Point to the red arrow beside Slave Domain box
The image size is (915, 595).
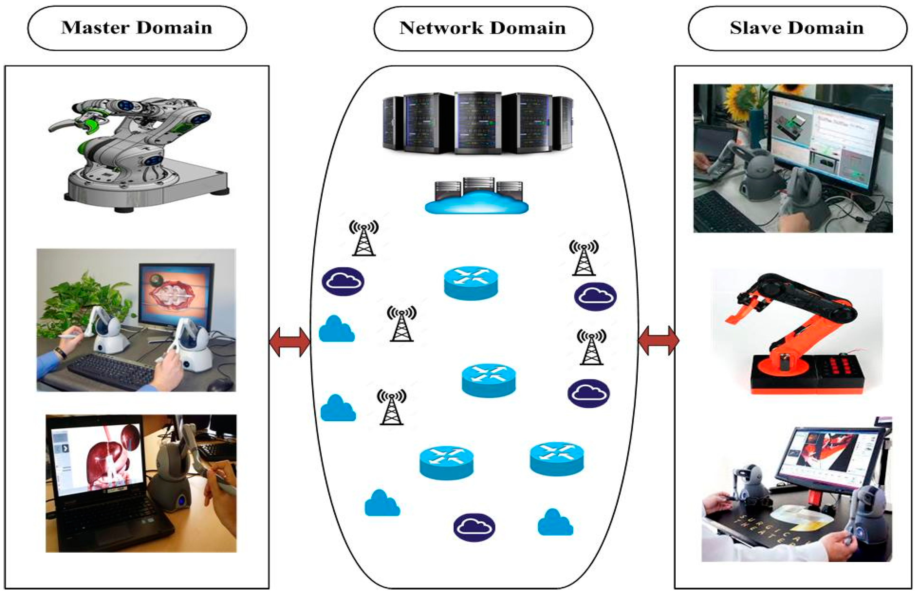pyautogui.click(x=658, y=341)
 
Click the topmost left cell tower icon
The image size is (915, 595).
pyautogui.click(x=363, y=238)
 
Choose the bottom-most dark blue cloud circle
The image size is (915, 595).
pyautogui.click(x=474, y=527)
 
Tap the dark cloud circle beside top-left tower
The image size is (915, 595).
pyautogui.click(x=343, y=281)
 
